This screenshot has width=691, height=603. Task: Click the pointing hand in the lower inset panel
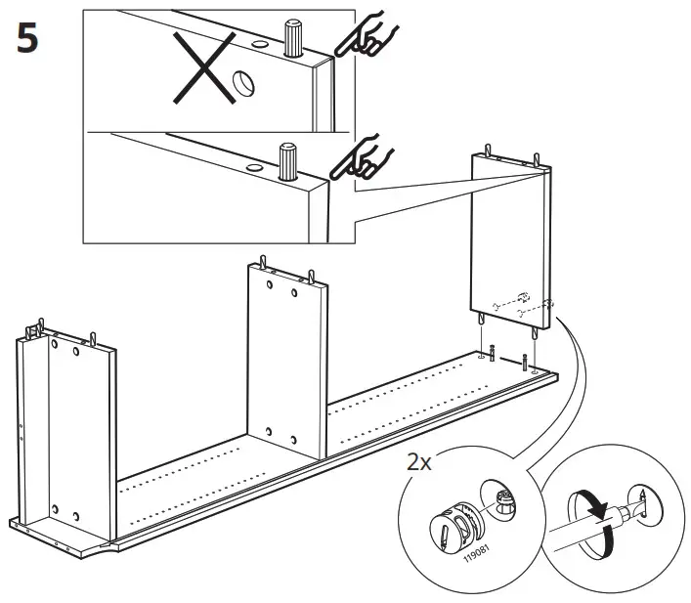click(x=363, y=158)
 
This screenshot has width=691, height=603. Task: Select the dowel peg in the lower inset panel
click(x=288, y=161)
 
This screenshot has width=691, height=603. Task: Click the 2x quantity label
click(x=422, y=460)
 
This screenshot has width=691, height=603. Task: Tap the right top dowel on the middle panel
click(x=311, y=275)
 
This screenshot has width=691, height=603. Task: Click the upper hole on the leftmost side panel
click(x=55, y=348)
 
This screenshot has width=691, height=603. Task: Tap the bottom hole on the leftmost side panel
click(x=56, y=511)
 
